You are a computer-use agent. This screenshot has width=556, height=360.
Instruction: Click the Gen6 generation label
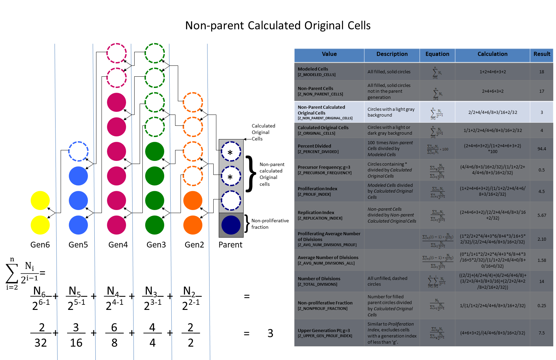(x=40, y=245)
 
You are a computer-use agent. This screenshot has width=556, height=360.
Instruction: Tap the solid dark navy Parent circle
(x=231, y=225)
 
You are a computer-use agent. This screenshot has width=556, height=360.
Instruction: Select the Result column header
(x=542, y=54)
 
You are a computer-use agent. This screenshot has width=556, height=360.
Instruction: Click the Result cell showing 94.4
(x=542, y=149)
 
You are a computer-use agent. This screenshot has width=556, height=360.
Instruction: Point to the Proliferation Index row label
(x=318, y=191)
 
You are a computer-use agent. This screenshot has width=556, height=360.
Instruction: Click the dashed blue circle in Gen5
(x=78, y=151)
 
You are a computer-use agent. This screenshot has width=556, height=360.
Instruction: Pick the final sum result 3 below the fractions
(x=270, y=333)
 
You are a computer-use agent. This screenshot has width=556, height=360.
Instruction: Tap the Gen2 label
(x=194, y=245)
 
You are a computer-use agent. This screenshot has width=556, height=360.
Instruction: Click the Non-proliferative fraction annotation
(x=270, y=224)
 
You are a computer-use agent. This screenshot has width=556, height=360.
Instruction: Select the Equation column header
(x=437, y=54)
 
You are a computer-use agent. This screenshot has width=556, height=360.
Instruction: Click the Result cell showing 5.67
(x=542, y=215)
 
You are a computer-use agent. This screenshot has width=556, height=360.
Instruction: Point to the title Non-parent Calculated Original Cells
(x=278, y=26)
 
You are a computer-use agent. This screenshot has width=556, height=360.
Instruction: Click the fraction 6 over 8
(x=114, y=335)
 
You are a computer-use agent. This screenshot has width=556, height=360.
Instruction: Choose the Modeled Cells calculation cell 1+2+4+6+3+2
(x=493, y=72)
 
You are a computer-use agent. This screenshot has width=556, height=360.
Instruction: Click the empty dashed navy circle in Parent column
(x=231, y=200)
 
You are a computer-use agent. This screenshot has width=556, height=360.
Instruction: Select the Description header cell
(x=392, y=54)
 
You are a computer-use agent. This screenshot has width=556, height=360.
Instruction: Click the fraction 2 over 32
(x=41, y=335)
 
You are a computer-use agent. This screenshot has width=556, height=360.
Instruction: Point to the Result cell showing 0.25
(x=542, y=306)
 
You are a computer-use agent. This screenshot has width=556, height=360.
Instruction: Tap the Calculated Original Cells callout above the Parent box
(x=263, y=132)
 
